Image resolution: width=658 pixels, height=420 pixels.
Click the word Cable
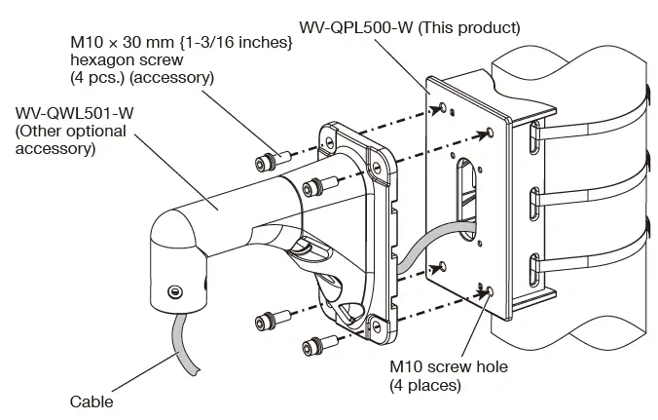point(91,401)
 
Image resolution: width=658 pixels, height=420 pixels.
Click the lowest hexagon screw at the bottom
point(313,343)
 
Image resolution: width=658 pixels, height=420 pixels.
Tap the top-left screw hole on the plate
point(444,106)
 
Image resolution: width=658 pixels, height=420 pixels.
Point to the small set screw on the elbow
point(174,290)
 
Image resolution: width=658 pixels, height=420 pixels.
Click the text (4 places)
point(426,385)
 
